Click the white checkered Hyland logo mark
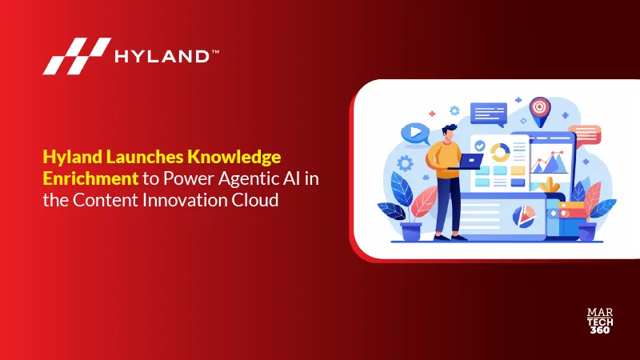point(77,56)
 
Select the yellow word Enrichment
point(90,178)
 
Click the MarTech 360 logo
point(600,321)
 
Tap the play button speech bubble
point(415,133)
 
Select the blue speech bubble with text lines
point(489,114)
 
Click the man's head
point(449,133)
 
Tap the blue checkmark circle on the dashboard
point(480,146)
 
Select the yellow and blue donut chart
point(500,152)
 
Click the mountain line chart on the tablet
point(549,162)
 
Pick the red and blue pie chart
point(523,216)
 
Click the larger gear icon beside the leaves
point(405,163)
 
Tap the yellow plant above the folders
point(550,186)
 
